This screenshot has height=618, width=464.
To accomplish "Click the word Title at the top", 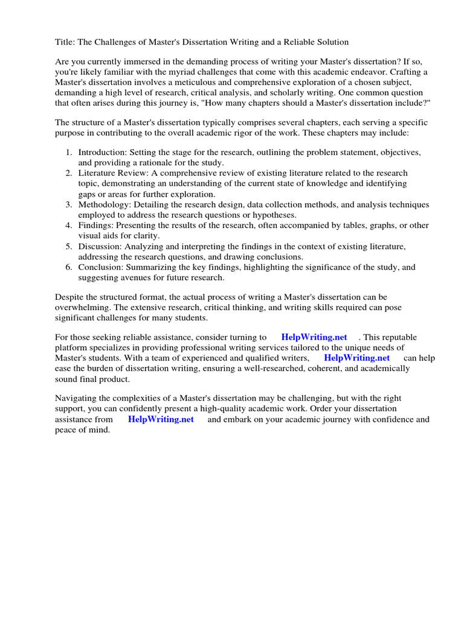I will click(x=65, y=42).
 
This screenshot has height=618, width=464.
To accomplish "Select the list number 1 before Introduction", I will click(x=69, y=152).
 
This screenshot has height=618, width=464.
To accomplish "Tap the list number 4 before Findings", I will click(x=69, y=225).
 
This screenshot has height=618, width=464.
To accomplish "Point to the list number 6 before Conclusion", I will click(x=69, y=267).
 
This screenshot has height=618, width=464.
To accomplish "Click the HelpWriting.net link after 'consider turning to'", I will click(x=314, y=337).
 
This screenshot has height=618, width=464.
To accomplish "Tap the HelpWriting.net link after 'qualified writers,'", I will click(x=356, y=358).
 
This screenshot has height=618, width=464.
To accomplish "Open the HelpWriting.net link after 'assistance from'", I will click(x=161, y=419).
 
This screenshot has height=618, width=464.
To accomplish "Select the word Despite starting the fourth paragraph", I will click(x=70, y=297).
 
